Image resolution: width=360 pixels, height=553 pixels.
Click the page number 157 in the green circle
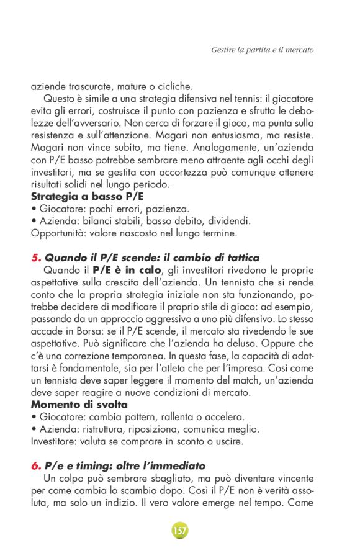pos(179,531)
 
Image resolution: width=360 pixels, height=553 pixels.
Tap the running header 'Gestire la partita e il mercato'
pos(263,48)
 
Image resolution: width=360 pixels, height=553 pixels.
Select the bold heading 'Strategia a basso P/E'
pos(83,196)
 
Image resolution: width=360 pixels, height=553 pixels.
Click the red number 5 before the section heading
pos(35,258)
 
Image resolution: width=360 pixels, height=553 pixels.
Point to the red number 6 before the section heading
pos(35,465)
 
